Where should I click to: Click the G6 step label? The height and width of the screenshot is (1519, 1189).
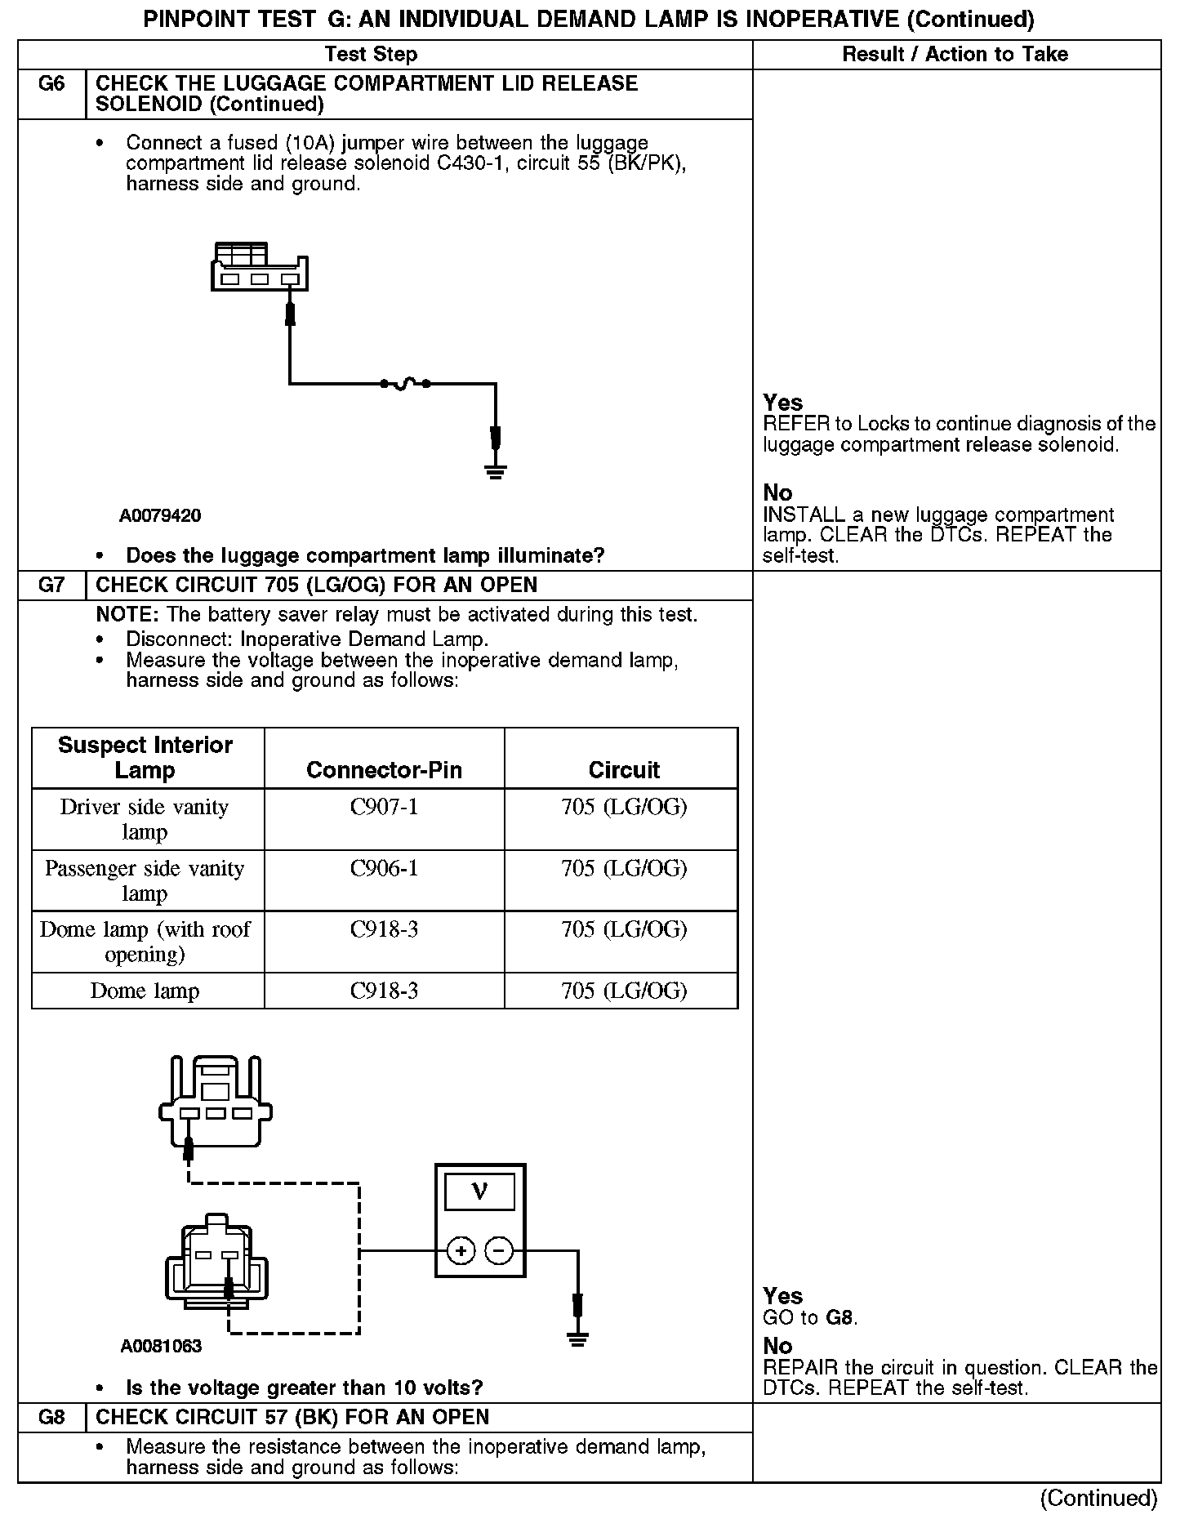point(51,84)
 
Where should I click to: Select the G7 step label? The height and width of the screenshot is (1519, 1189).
point(51,586)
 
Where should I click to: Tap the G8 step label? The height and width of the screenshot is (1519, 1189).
point(51,1417)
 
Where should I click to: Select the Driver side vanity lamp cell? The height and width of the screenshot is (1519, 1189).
point(145,819)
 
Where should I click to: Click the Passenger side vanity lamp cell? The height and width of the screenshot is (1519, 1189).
point(145,880)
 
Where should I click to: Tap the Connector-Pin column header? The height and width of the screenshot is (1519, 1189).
point(384,770)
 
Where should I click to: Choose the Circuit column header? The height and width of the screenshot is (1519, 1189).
point(624,770)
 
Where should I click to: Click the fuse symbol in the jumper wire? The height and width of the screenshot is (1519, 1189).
point(404,383)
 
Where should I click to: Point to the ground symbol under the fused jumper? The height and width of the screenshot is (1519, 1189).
point(495,470)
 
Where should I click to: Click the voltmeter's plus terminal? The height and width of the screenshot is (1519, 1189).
point(461,1250)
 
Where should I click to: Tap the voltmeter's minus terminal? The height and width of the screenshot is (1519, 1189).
point(500,1250)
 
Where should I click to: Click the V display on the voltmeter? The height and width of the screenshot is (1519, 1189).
point(479,1192)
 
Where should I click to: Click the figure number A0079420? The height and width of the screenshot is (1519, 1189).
point(160,516)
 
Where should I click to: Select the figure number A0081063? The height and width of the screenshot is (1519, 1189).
point(161,1346)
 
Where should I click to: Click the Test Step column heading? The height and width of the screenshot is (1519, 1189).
point(371,55)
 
